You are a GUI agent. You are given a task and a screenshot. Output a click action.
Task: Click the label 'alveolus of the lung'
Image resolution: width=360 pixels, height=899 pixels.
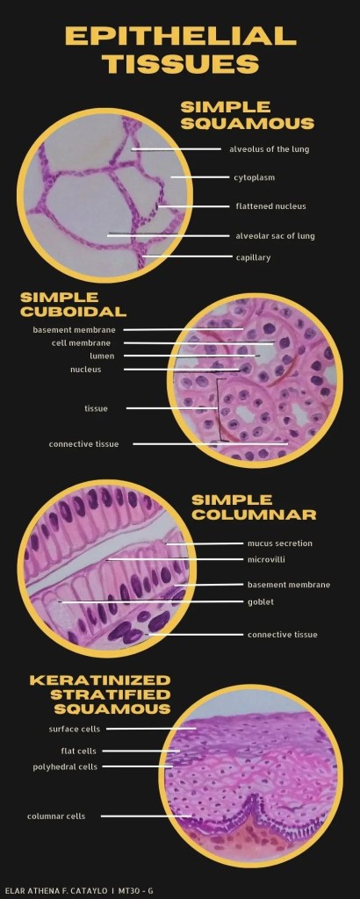click(x=269, y=149)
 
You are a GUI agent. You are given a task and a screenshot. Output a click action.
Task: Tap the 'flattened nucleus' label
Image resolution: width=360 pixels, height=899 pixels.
click(x=270, y=206)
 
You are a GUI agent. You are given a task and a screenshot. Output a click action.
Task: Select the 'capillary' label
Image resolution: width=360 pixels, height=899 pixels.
click(x=253, y=257)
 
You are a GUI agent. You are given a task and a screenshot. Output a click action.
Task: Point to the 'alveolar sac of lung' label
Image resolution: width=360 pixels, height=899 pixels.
click(x=275, y=235)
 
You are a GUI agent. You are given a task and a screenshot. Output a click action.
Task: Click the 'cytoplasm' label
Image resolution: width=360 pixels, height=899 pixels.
click(x=254, y=177)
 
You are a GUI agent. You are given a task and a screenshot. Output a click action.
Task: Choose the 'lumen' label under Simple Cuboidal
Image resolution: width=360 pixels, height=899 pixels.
click(x=102, y=356)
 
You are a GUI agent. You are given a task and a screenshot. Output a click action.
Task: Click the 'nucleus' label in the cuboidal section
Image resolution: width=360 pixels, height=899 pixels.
click(x=85, y=370)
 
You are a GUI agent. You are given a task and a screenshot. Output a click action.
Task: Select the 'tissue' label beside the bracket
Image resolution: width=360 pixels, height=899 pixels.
click(x=96, y=408)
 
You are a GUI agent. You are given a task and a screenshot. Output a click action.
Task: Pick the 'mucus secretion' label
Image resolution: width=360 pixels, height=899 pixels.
click(x=280, y=543)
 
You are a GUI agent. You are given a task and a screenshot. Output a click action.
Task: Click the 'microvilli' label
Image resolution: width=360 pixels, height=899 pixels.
click(x=266, y=559)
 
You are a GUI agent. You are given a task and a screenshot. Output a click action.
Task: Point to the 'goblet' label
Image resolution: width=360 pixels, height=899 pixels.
click(x=260, y=602)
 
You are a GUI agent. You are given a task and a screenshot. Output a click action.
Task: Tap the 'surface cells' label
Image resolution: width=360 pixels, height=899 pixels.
click(x=75, y=730)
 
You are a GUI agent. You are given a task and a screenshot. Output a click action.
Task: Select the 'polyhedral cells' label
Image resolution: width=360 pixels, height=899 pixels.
click(x=65, y=766)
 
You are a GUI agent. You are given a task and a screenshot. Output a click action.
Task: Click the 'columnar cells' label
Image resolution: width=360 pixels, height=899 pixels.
click(x=56, y=816)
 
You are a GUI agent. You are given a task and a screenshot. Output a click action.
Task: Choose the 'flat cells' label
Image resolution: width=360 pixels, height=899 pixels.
click(x=78, y=752)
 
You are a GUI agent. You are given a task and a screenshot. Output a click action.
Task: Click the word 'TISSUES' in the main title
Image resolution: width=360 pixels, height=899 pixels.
click(x=181, y=63)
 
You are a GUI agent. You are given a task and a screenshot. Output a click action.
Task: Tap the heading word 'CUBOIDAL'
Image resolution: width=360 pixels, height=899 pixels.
click(x=74, y=312)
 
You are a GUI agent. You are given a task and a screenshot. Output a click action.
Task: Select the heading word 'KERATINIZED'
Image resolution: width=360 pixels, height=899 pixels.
click(x=100, y=680)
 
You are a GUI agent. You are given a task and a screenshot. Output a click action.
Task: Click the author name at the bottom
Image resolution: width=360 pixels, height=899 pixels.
click(x=55, y=890)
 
